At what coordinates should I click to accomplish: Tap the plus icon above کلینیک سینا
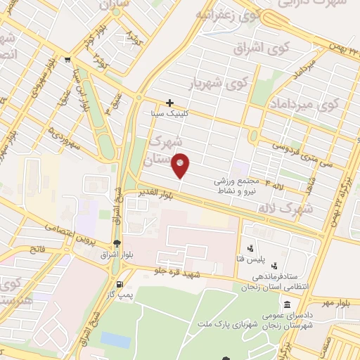[169, 103]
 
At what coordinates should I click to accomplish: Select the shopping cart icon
[67, 60]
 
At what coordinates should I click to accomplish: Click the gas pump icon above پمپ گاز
[120, 285]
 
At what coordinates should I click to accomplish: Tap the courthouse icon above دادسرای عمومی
[288, 305]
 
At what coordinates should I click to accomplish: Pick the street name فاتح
[36, 247]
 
